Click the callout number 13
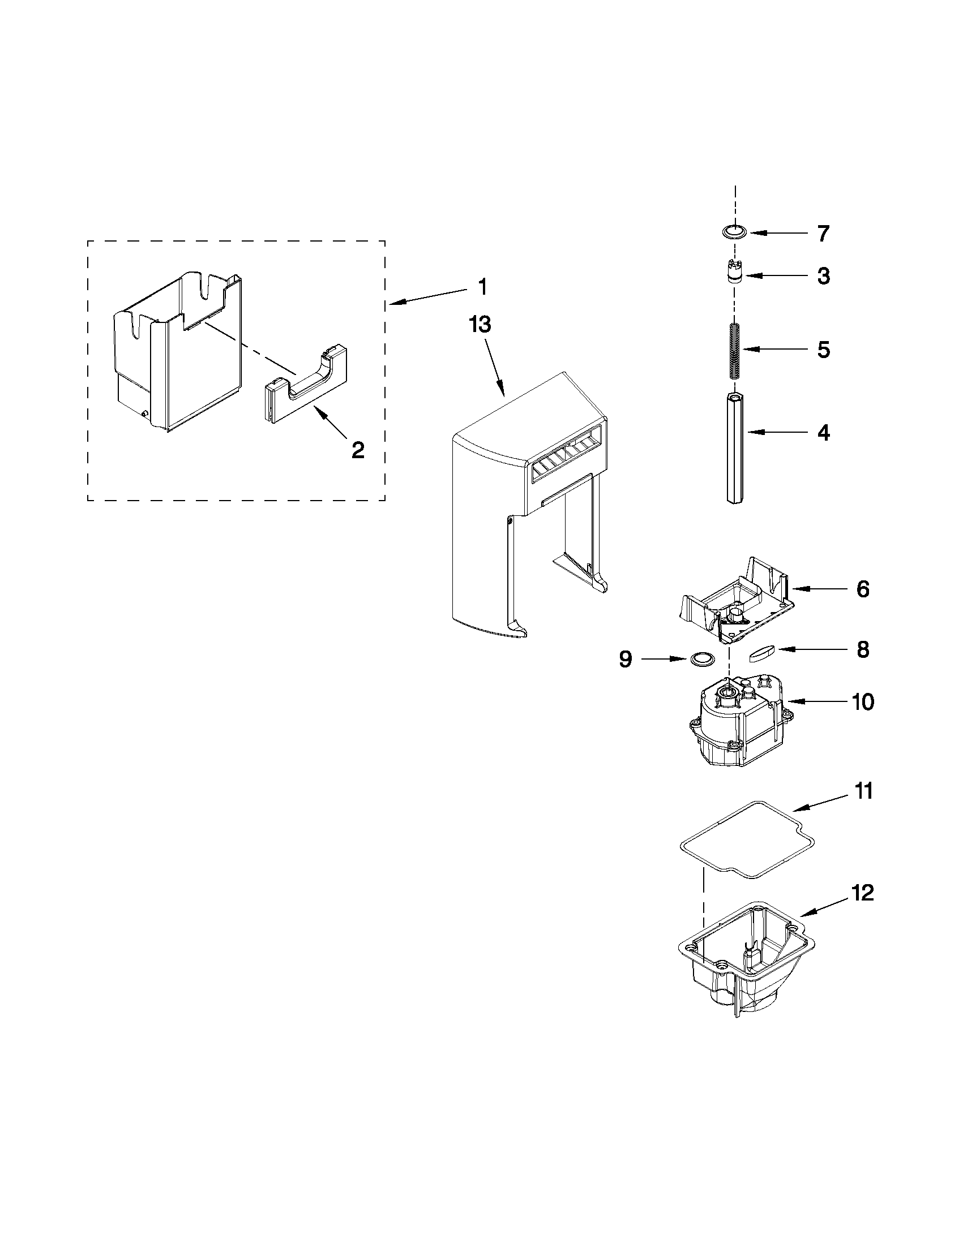[x=480, y=325]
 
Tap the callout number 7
[x=823, y=233]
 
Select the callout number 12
[x=863, y=893]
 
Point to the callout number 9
[x=626, y=659]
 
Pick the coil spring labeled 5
[x=735, y=350]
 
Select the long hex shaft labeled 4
[x=735, y=447]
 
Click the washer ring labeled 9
[x=701, y=660]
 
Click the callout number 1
[x=483, y=287]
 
